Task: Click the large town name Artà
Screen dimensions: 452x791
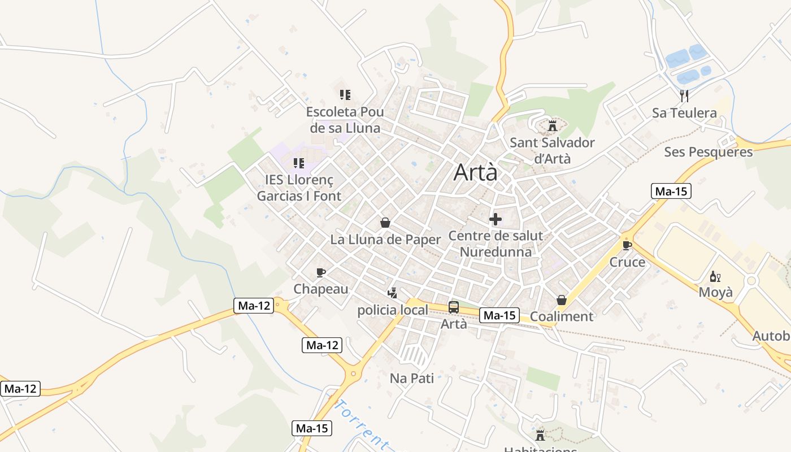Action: click(x=476, y=172)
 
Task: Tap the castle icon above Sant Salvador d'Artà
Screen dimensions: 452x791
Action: click(x=553, y=125)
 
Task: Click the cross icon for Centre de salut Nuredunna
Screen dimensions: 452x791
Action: click(x=496, y=219)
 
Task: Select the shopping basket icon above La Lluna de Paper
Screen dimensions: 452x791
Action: click(x=385, y=223)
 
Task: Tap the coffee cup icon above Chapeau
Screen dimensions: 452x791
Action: click(x=321, y=273)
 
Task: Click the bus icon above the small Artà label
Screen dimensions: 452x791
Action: click(x=454, y=307)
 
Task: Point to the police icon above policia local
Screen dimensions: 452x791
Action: click(x=392, y=293)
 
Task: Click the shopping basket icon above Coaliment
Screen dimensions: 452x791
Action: click(x=562, y=300)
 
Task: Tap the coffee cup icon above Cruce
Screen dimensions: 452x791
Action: click(x=627, y=245)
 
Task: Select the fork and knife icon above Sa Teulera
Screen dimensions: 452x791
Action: click(x=684, y=95)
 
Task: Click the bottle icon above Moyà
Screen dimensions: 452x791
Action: click(x=715, y=277)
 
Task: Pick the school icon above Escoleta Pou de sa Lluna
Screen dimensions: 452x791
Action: click(x=345, y=94)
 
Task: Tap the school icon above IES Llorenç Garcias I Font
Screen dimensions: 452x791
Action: click(x=298, y=163)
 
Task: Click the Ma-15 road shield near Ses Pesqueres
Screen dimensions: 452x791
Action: click(x=671, y=191)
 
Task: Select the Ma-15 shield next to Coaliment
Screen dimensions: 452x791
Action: click(x=499, y=315)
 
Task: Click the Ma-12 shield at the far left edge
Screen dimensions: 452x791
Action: click(x=20, y=389)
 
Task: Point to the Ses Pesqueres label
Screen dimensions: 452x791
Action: click(x=708, y=152)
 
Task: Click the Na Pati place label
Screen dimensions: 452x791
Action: click(x=412, y=378)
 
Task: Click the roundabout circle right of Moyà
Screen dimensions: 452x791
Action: click(x=751, y=281)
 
